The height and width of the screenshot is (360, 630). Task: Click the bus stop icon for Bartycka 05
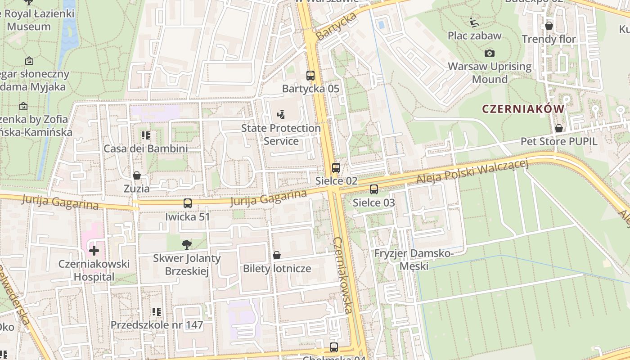310,75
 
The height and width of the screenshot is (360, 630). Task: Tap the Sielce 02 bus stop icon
336,168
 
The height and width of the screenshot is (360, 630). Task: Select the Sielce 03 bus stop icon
374,189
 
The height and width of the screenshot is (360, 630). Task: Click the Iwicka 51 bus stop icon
188,203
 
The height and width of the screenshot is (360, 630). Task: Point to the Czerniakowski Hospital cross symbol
94,250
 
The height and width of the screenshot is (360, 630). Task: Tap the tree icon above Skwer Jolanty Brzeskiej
186,245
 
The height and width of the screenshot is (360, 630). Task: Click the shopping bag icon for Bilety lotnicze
277,256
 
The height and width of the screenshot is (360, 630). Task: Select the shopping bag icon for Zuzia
137,175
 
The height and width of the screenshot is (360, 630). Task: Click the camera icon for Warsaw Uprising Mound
490,53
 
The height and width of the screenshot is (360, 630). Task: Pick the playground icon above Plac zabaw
474,22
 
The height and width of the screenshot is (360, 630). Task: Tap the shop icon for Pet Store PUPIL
559,128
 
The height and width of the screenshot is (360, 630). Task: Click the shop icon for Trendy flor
549,26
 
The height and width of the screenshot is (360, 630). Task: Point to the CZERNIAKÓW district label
523,109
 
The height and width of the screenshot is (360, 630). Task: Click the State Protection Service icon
281,115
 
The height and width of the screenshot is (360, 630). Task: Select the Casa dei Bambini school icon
145,135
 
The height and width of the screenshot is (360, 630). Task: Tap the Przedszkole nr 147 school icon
157,311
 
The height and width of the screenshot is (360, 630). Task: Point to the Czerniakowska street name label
343,275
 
